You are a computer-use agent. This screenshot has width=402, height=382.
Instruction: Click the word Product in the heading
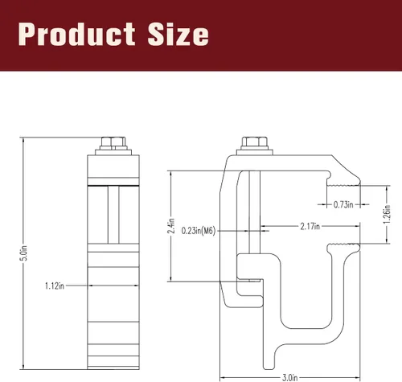coord(76,34)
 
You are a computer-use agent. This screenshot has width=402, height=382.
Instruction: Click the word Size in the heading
coord(178,34)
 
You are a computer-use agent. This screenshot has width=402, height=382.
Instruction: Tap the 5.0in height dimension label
coord(25,253)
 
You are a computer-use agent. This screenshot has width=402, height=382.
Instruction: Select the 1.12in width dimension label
coord(55,285)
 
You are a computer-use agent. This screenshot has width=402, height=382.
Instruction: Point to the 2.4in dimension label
coord(171,226)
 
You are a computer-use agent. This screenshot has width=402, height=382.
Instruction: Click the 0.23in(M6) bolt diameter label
coord(199,231)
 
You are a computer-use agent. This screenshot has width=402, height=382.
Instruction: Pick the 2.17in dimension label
coord(310,227)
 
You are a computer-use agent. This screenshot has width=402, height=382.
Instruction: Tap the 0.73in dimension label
coord(343,205)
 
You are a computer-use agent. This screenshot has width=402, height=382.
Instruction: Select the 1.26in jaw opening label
coord(387,215)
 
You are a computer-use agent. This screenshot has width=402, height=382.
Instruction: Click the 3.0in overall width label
coord(289,378)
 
